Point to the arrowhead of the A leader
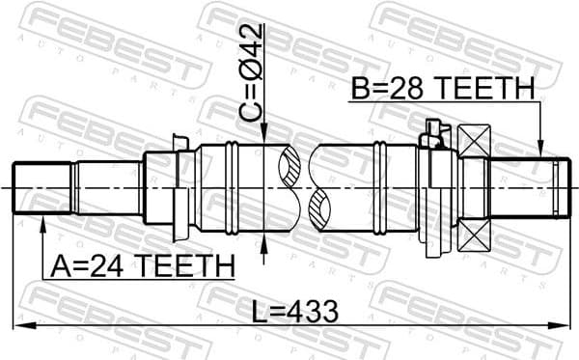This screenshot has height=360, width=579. coord(42,225)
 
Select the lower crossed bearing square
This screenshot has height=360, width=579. coord(475,234)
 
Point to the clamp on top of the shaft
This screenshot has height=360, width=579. coord(433,136)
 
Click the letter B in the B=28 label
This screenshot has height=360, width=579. coord(360,90)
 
